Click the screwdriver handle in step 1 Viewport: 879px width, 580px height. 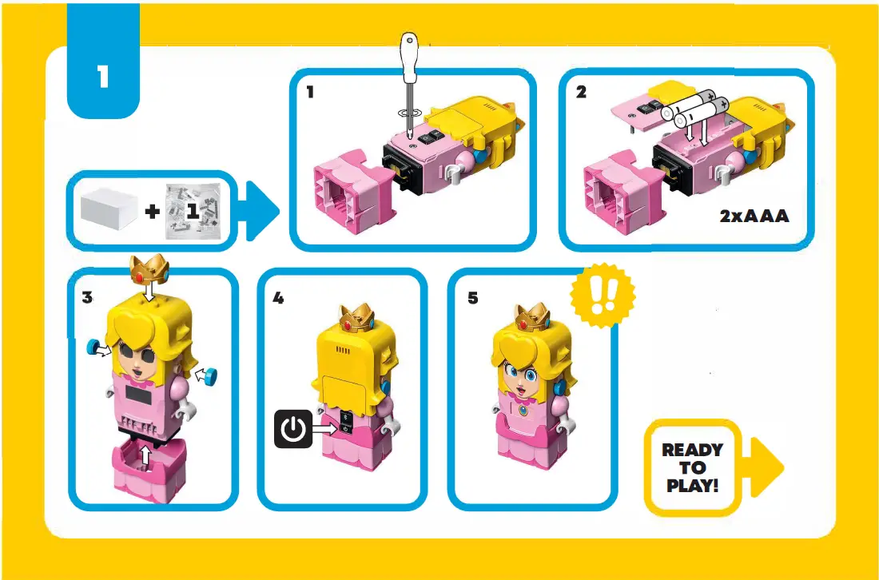point(411,58)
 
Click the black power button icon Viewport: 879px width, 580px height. point(294,430)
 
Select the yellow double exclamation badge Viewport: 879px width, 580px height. point(602,295)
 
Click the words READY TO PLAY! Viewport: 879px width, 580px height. point(692,467)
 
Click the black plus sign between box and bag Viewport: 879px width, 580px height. point(152,212)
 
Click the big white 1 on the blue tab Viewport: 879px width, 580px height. point(103,77)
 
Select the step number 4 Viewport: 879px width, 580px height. point(277,298)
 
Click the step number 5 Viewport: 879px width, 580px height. point(472,298)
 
